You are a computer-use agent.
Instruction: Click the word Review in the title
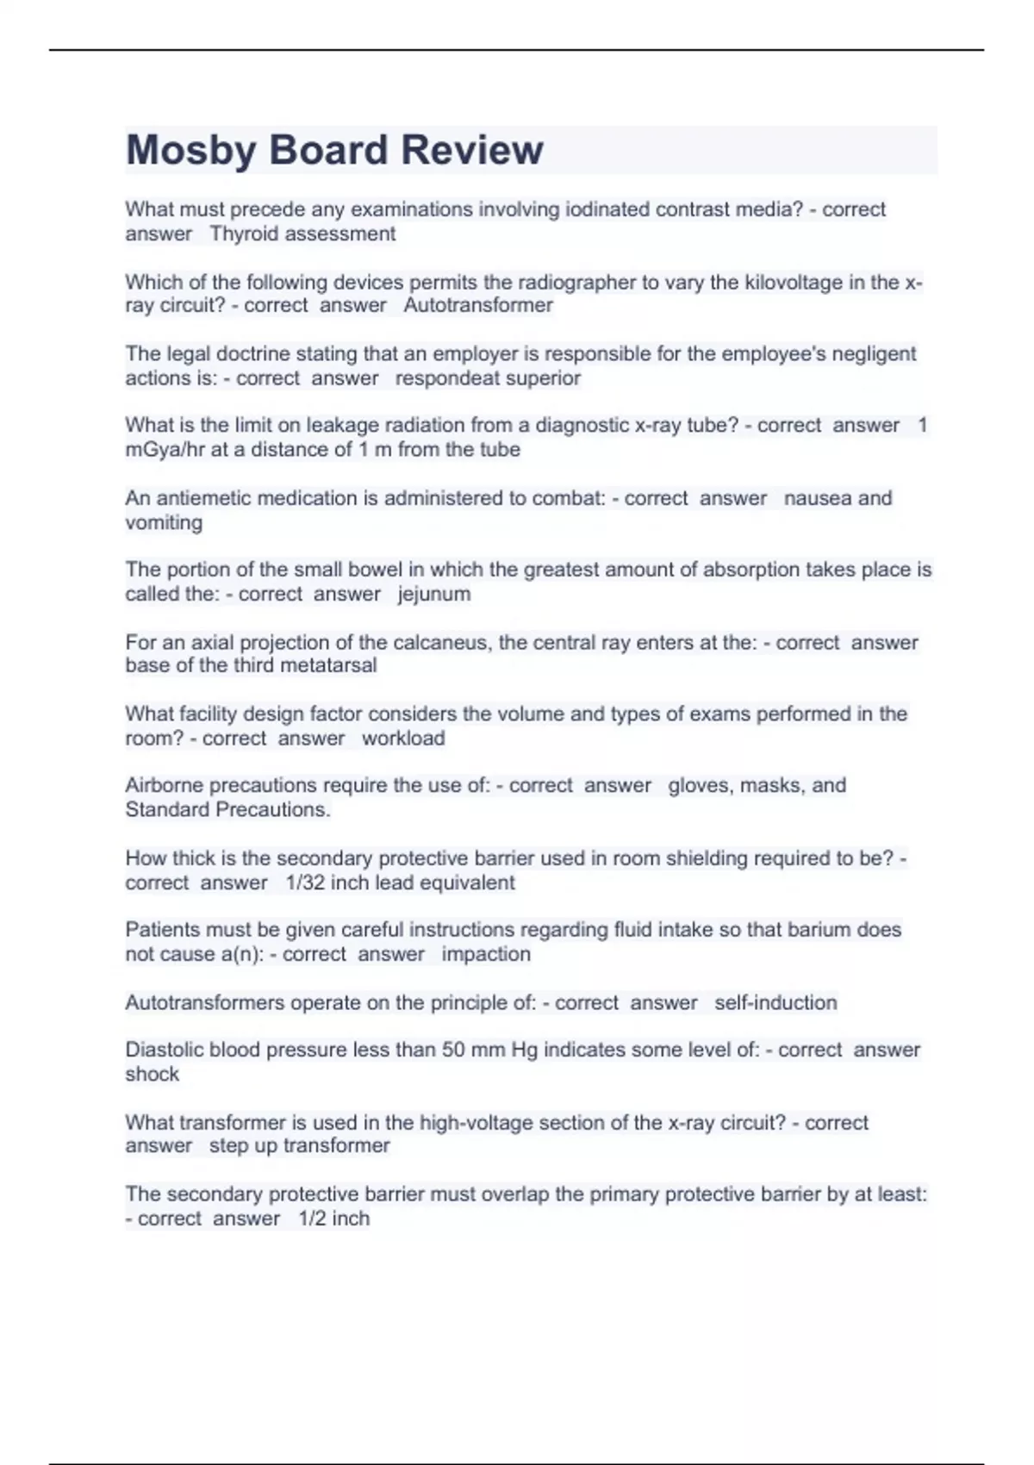click(x=472, y=151)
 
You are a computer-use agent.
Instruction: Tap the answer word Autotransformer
click(x=478, y=305)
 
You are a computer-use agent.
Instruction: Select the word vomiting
click(x=164, y=522)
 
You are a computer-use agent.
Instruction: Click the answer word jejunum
click(x=434, y=594)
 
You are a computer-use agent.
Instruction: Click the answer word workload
click(x=403, y=738)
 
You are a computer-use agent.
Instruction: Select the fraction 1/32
click(x=305, y=882)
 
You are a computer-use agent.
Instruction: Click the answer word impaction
click(x=486, y=954)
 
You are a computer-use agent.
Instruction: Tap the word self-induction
click(x=775, y=1002)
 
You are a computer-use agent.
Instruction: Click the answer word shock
click(x=153, y=1074)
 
